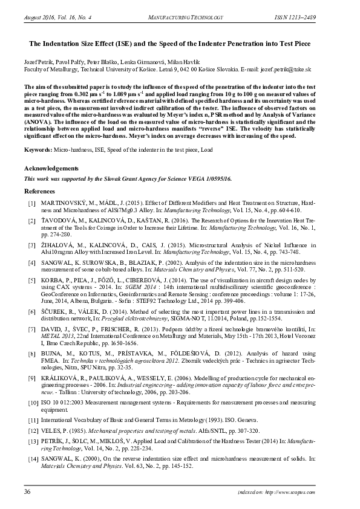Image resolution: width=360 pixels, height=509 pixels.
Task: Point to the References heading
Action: pos(39,191)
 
